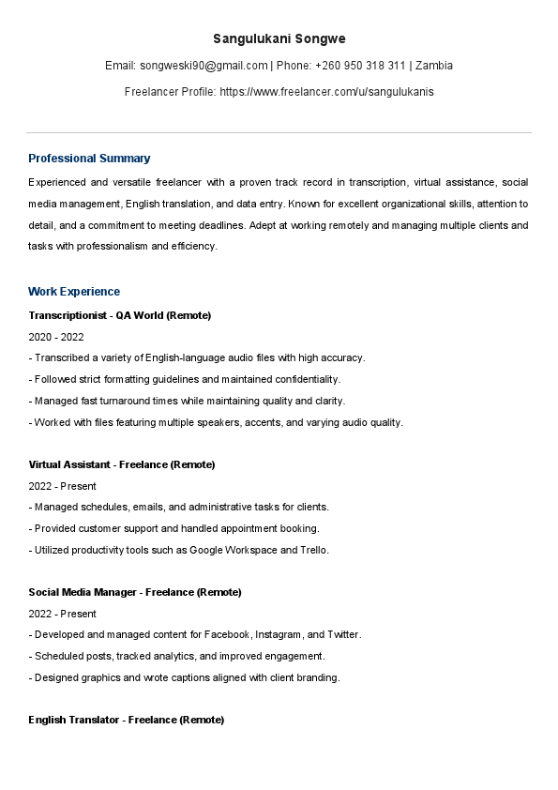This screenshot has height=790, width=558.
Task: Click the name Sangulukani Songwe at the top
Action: tap(279, 38)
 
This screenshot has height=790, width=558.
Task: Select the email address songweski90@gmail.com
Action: tap(204, 66)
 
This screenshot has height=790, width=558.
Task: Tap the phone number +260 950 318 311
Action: tap(360, 66)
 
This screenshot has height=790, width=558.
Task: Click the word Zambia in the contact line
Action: tap(434, 66)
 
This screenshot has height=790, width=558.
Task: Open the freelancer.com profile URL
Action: tap(326, 92)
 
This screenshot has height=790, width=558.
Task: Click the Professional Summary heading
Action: tap(89, 159)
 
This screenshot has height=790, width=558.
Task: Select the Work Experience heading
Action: tap(74, 292)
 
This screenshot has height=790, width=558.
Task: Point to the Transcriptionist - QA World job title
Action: tap(119, 315)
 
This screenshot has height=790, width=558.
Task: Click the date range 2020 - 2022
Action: tap(55, 336)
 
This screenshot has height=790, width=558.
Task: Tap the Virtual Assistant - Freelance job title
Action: tap(121, 464)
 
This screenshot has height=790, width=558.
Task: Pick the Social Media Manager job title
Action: tap(134, 592)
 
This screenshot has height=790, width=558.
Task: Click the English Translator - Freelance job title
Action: tap(126, 720)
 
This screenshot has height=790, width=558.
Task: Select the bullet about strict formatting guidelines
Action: tap(185, 379)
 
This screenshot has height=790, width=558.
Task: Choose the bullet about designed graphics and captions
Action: tap(184, 677)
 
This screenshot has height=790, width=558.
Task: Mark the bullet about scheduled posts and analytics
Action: tap(177, 656)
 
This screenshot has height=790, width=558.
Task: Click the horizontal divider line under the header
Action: tap(279, 132)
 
